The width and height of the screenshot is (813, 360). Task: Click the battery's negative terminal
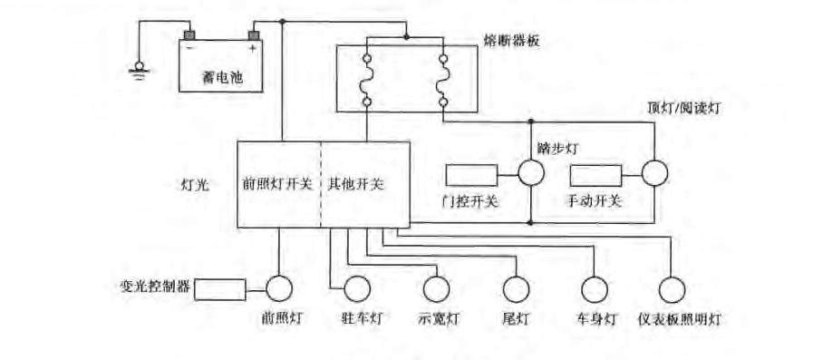pos(189,37)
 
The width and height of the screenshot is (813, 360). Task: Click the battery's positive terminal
pos(255,37)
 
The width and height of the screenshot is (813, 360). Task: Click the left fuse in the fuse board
pos(367,81)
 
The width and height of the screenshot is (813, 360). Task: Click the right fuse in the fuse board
pos(442,81)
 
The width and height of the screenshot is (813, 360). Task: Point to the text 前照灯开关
pos(277,184)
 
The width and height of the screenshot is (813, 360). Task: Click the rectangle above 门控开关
pos(472,175)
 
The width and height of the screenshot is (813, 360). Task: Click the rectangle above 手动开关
pos(595,175)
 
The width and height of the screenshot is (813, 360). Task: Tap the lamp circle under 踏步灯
pos(530,173)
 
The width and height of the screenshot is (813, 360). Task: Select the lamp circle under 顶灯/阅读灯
pos(654,173)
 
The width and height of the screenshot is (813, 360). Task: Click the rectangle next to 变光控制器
pos(220,289)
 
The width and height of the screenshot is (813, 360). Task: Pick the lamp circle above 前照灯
pos(278,289)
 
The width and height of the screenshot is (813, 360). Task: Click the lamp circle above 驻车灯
pos(357,289)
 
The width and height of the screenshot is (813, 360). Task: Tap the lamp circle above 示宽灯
pos(437,289)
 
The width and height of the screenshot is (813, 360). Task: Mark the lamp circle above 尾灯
pos(515,289)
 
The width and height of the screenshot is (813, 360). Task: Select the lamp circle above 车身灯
pos(594,289)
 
